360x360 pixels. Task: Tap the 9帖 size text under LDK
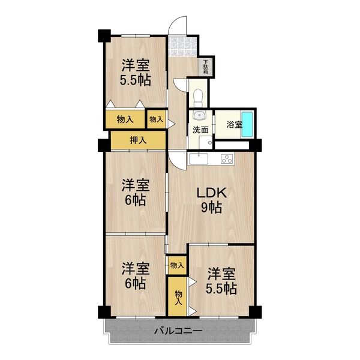tap(212, 208)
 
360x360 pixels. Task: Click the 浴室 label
tap(233, 125)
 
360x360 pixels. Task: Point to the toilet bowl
tap(198, 96)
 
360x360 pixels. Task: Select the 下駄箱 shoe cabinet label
tap(206, 66)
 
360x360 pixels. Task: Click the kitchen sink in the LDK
tap(198, 159)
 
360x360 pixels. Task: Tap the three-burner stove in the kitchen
tap(227, 159)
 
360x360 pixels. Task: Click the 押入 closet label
tap(138, 140)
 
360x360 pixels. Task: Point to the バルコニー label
tap(178, 331)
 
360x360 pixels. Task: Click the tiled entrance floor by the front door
tap(178, 46)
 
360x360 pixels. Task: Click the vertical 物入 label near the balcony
tap(178, 298)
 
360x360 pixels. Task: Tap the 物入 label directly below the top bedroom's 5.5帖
tap(125, 119)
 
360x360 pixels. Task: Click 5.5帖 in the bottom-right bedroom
tap(221, 288)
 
